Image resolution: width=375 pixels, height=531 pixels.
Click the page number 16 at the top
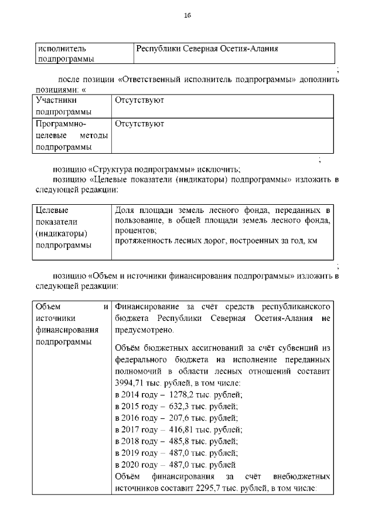(x=187, y=15)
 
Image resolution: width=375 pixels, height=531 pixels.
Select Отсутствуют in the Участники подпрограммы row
(x=139, y=100)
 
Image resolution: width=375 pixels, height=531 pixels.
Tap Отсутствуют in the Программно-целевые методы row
(x=139, y=124)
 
